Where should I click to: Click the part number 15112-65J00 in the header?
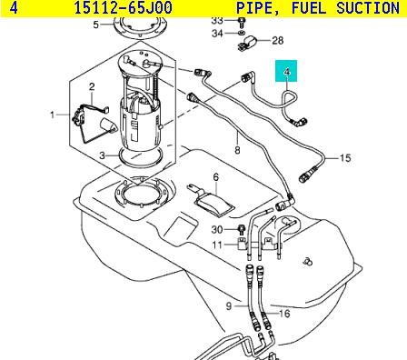[x=123, y=8]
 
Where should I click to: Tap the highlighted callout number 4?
[x=287, y=72]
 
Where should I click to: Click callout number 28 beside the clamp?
[x=278, y=40]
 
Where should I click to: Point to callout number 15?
[x=345, y=158]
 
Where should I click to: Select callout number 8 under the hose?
[x=237, y=150]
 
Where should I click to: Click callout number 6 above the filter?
[x=215, y=177]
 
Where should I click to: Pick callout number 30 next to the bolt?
[x=217, y=230]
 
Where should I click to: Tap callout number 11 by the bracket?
[x=217, y=245]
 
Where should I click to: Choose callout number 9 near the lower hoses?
[x=229, y=306]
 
